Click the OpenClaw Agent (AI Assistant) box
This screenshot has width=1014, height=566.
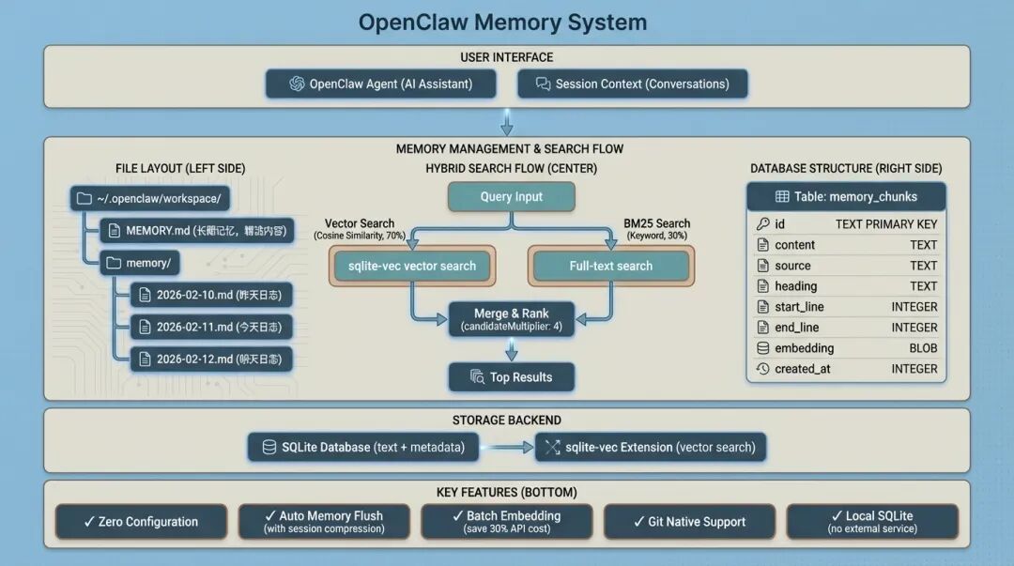[x=381, y=84]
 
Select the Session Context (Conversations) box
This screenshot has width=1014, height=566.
[x=633, y=84]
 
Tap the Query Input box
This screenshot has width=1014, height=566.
[x=512, y=197]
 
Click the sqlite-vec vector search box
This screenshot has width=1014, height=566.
[x=412, y=266]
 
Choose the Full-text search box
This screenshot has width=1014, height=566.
[x=611, y=266]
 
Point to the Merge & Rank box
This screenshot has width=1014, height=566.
[x=512, y=319]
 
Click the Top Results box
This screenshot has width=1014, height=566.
[x=512, y=377]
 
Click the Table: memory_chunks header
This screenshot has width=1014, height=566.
[x=846, y=196]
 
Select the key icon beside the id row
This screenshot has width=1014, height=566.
[x=763, y=224]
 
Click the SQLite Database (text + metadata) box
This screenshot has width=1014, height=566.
[x=363, y=447]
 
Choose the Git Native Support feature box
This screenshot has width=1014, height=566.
[x=689, y=522]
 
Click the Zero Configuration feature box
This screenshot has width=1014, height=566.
[x=141, y=522]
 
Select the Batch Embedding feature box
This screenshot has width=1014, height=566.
[x=506, y=522]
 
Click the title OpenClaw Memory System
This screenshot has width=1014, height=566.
[x=503, y=22]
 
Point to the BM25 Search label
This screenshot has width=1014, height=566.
[x=656, y=223]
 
